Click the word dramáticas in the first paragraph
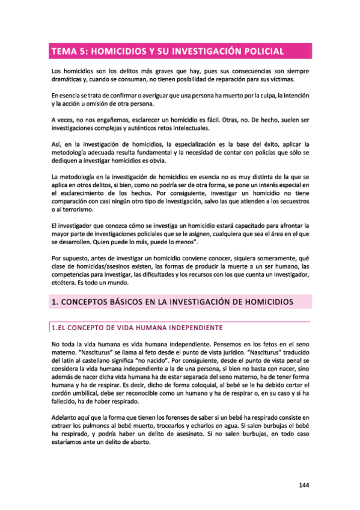(x=67, y=80)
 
